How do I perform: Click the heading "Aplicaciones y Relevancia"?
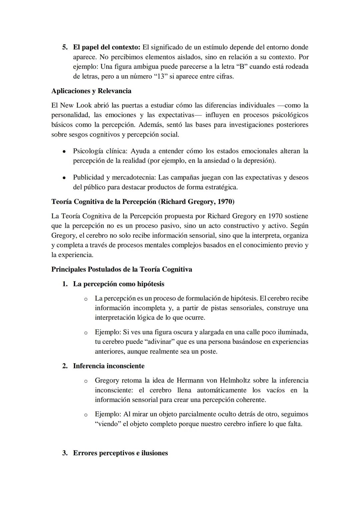pyautogui.click(x=91, y=91)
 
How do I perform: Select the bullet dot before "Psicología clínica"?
pyautogui.click(x=64, y=151)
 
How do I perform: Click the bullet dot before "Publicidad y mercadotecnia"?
pyautogui.click(x=64, y=178)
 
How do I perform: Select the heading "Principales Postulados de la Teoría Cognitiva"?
pyautogui.click(x=122, y=269)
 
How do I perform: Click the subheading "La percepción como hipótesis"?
pyautogui.click(x=119, y=284)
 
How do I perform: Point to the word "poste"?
pyautogui.click(x=208, y=351)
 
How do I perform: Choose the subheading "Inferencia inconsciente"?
pyautogui.click(x=109, y=366)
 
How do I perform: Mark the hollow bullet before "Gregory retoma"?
pyautogui.click(x=86, y=381)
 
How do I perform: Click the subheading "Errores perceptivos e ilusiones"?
pyautogui.click(x=120, y=453)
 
